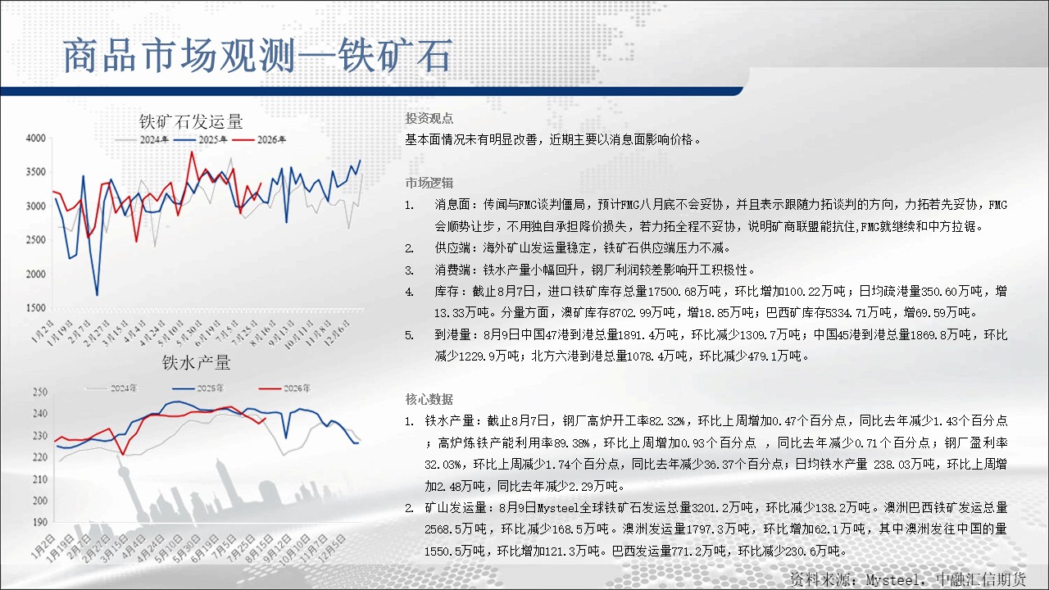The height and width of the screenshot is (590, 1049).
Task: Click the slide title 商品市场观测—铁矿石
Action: click(x=258, y=57)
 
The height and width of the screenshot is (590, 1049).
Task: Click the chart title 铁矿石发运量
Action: click(x=191, y=122)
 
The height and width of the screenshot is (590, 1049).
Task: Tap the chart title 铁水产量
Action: click(x=196, y=362)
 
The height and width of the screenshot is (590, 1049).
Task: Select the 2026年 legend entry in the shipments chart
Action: click(x=259, y=139)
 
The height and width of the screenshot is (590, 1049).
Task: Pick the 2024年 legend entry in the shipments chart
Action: click(x=142, y=139)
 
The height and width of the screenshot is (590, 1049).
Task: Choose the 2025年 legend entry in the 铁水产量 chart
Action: click(x=198, y=388)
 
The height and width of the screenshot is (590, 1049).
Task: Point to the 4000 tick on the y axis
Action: click(x=35, y=138)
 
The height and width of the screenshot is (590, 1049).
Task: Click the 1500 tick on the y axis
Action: click(x=35, y=308)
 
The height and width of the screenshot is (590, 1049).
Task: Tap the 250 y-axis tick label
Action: click(x=40, y=392)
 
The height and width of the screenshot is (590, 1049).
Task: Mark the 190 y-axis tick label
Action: click(x=40, y=522)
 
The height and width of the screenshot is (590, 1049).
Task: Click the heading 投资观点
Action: click(x=429, y=119)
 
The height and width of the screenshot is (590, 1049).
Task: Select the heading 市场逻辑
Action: click(x=429, y=183)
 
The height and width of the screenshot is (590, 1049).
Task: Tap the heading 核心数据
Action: click(x=429, y=399)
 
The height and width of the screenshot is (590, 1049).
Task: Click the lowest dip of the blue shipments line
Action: click(x=97, y=295)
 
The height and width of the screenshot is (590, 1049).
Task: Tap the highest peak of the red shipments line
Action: click(x=192, y=152)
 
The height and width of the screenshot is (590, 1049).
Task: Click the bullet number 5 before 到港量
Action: click(x=409, y=335)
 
